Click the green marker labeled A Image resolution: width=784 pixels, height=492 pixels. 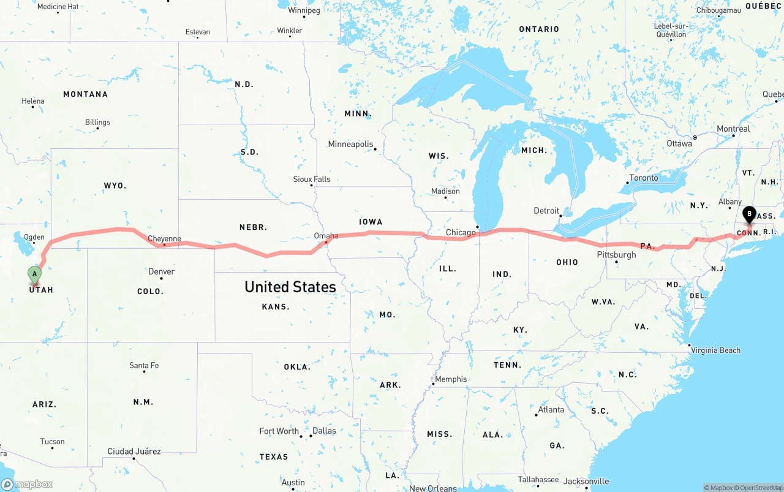click(35, 274)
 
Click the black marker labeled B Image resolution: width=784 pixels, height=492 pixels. click(748, 215)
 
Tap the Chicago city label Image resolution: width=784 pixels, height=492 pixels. click(461, 232)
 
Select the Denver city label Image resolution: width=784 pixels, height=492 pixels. click(162, 271)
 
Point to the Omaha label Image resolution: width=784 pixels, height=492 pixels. click(326, 236)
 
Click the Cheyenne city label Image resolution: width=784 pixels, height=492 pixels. click(164, 238)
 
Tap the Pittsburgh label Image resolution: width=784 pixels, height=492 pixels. click(617, 255)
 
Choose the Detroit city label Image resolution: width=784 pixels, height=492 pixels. click(546, 211)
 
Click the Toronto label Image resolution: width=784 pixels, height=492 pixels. click(644, 178)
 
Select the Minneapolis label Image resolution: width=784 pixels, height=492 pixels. click(350, 144)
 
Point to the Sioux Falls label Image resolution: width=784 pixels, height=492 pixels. click(312, 180)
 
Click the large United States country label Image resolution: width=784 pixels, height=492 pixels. click(290, 287)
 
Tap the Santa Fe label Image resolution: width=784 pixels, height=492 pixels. click(144, 365)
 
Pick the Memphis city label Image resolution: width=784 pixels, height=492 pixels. click(451, 379)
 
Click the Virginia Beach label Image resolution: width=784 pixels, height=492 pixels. click(715, 350)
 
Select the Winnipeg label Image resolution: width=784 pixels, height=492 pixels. click(304, 10)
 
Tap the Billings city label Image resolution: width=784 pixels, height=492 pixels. click(97, 122)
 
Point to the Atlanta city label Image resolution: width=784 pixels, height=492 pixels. click(551, 409)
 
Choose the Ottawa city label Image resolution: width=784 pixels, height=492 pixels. click(679, 143)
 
